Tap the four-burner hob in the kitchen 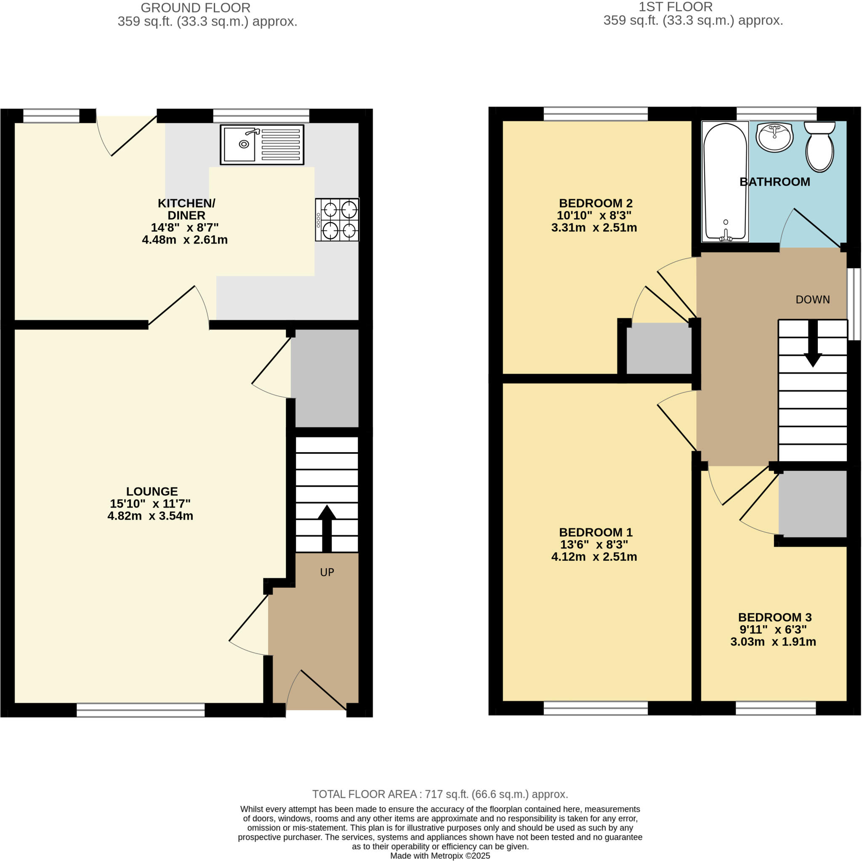click(337, 220)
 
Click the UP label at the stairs click(327, 572)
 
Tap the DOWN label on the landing click(812, 299)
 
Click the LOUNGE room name click(152, 491)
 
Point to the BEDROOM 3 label click(774, 617)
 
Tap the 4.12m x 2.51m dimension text click(594, 557)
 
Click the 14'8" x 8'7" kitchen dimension click(185, 228)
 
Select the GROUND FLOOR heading click(195, 8)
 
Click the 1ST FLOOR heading click(675, 7)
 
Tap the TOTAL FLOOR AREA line click(440, 794)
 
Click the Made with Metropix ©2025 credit click(440, 856)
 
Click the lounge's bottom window click(141, 710)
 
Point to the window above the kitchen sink click(261, 116)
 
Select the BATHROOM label click(774, 181)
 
